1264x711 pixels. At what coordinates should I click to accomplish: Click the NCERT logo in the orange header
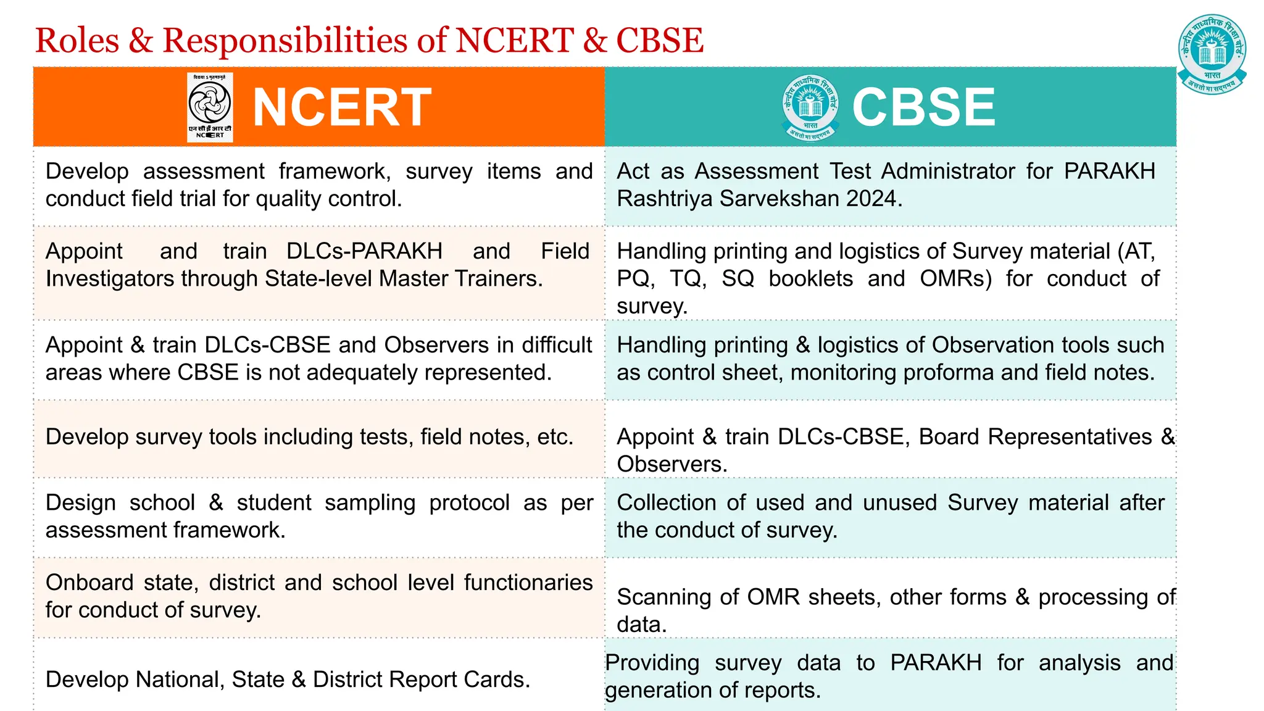(210, 107)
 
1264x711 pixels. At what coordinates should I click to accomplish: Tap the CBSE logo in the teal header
(810, 107)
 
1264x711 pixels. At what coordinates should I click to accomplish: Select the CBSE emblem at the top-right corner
(1212, 54)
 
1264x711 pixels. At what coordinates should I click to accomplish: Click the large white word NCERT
(342, 107)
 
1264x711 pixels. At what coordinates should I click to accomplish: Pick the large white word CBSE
(923, 107)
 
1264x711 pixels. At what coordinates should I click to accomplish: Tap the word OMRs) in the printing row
(955, 279)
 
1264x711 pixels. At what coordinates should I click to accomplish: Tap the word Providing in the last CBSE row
(652, 663)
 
